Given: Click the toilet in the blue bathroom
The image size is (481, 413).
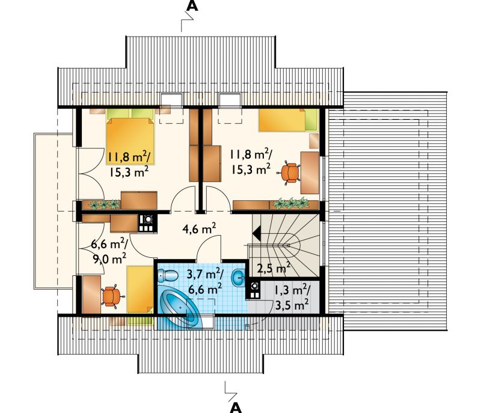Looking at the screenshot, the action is [x=168, y=275].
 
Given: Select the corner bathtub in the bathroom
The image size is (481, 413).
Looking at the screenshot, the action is [x=181, y=307].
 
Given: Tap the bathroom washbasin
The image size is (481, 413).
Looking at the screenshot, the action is [x=238, y=278].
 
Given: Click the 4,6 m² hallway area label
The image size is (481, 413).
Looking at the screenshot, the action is [x=200, y=228].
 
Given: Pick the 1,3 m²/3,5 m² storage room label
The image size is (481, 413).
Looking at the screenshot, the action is [x=292, y=297].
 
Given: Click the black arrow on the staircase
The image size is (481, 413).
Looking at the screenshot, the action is [x=257, y=234].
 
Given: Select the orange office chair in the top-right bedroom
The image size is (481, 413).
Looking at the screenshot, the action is [x=289, y=173].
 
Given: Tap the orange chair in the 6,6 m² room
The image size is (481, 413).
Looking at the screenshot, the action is [x=112, y=296].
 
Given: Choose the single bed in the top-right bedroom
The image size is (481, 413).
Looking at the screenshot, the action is [x=288, y=120].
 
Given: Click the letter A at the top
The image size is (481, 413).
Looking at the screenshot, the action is [x=192, y=5].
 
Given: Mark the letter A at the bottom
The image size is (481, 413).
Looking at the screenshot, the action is [x=236, y=407].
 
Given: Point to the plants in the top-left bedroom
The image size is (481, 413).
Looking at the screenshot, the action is [x=105, y=204].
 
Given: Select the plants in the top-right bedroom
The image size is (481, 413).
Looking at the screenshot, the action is [x=291, y=203].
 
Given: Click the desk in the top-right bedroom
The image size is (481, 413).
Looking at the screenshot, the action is [x=310, y=173].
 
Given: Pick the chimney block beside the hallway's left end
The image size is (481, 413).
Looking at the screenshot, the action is [x=147, y=223].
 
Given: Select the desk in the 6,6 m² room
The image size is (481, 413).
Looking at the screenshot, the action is [x=91, y=295].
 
